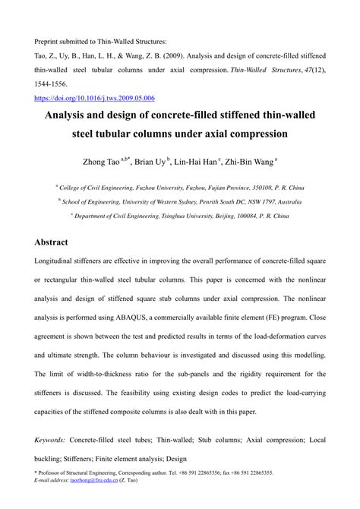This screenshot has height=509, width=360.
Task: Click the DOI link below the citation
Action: click(x=95, y=98)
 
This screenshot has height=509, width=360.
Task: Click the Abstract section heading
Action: click(x=52, y=242)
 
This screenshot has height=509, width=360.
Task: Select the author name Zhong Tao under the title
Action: click(x=99, y=161)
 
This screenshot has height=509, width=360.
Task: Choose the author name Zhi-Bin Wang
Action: click(x=251, y=161)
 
